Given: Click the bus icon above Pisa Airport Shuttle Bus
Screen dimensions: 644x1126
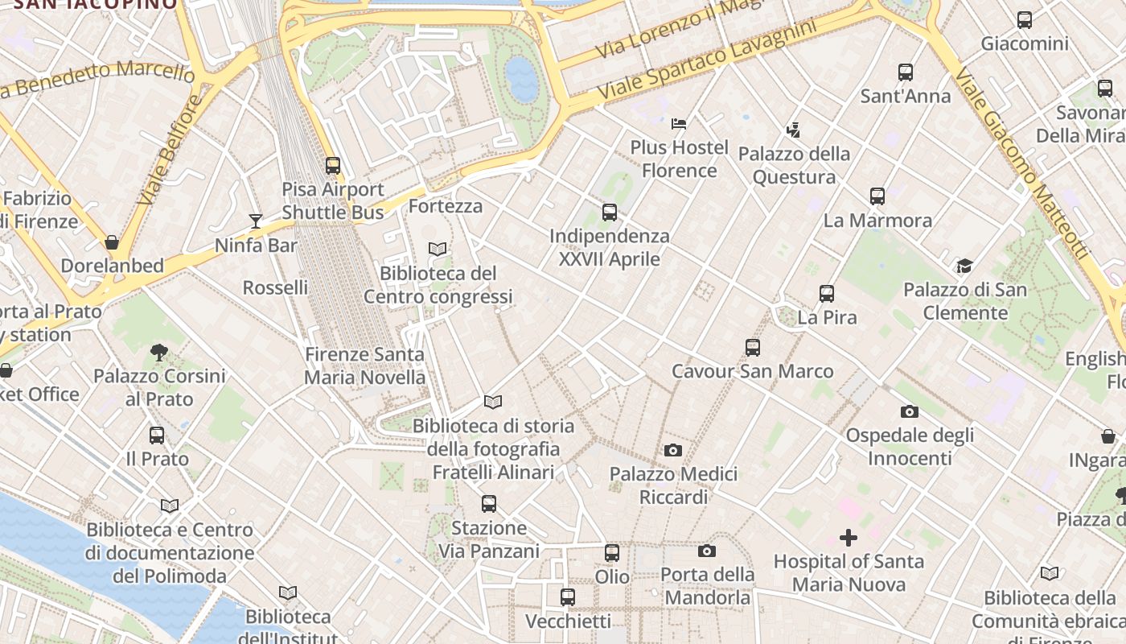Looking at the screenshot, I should [333, 166].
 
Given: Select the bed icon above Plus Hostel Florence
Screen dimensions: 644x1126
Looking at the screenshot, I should [679, 124].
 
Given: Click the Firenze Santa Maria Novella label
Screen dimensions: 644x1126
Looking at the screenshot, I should [365, 365].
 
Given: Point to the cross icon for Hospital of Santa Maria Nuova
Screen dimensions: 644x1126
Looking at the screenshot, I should [849, 538].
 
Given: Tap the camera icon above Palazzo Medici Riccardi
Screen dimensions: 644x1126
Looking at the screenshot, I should [673, 450].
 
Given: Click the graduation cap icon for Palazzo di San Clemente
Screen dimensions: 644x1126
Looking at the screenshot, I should [964, 266].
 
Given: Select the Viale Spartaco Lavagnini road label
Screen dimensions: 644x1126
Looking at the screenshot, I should [706, 60].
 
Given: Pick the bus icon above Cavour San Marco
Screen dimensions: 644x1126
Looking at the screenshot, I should [753, 348].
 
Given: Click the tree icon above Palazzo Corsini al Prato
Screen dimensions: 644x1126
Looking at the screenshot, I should [158, 352].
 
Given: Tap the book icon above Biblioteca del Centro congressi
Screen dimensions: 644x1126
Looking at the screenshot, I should [438, 250].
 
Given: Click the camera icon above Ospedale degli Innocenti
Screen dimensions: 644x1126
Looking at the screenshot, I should [910, 411].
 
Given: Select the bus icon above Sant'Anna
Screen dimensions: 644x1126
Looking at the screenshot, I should [906, 72].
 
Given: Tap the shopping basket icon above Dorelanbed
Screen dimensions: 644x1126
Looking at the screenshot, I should [112, 242].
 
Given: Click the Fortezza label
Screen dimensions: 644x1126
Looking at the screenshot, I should [446, 206].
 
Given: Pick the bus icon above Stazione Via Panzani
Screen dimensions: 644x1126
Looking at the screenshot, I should [489, 505].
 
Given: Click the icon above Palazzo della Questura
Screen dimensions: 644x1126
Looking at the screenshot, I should [794, 130].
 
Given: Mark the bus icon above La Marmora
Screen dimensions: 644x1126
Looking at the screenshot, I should [877, 196].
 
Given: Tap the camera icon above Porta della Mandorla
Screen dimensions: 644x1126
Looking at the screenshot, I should [707, 551].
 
